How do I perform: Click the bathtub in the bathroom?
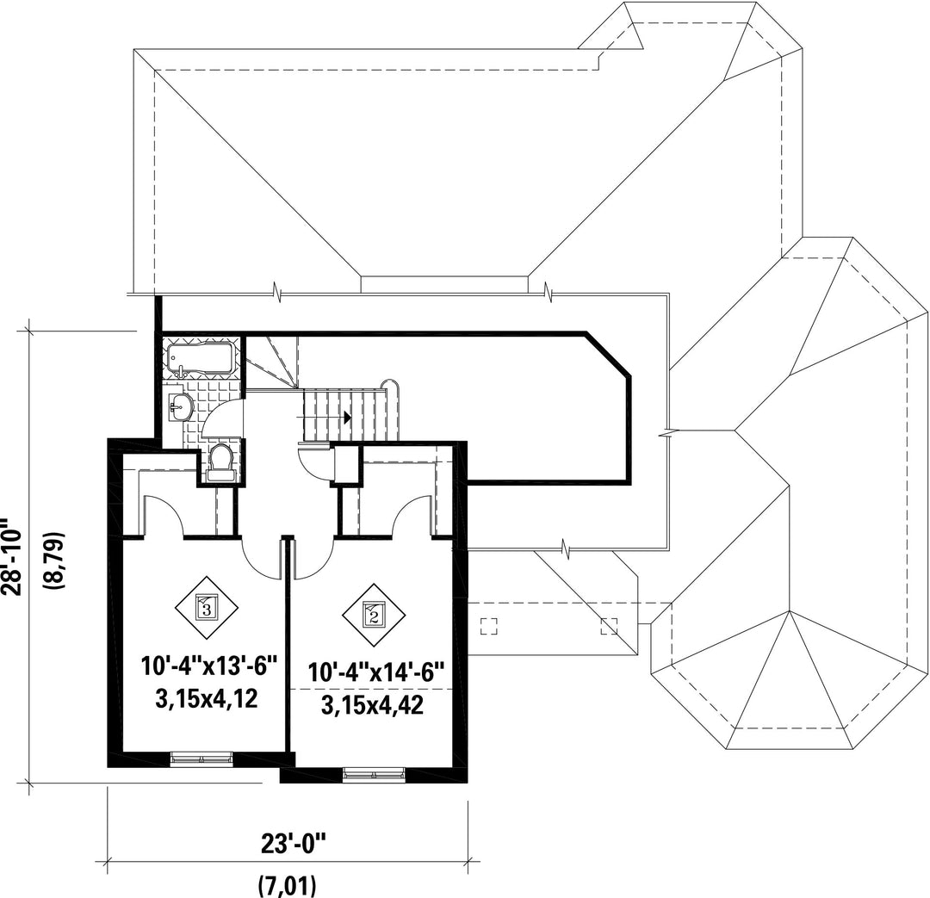coord(201,358)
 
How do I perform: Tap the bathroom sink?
coord(181,407)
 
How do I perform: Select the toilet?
coord(221,461)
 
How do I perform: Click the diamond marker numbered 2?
coord(372,615)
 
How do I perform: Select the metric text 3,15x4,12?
coord(208,697)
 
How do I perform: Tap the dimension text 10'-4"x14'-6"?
coord(376,672)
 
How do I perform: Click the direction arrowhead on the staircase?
coord(347,417)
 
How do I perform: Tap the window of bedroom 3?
coord(201,758)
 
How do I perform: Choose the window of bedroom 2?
coord(374,774)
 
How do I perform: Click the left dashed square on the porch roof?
coord(489,626)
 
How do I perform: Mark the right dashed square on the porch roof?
coord(610,626)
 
